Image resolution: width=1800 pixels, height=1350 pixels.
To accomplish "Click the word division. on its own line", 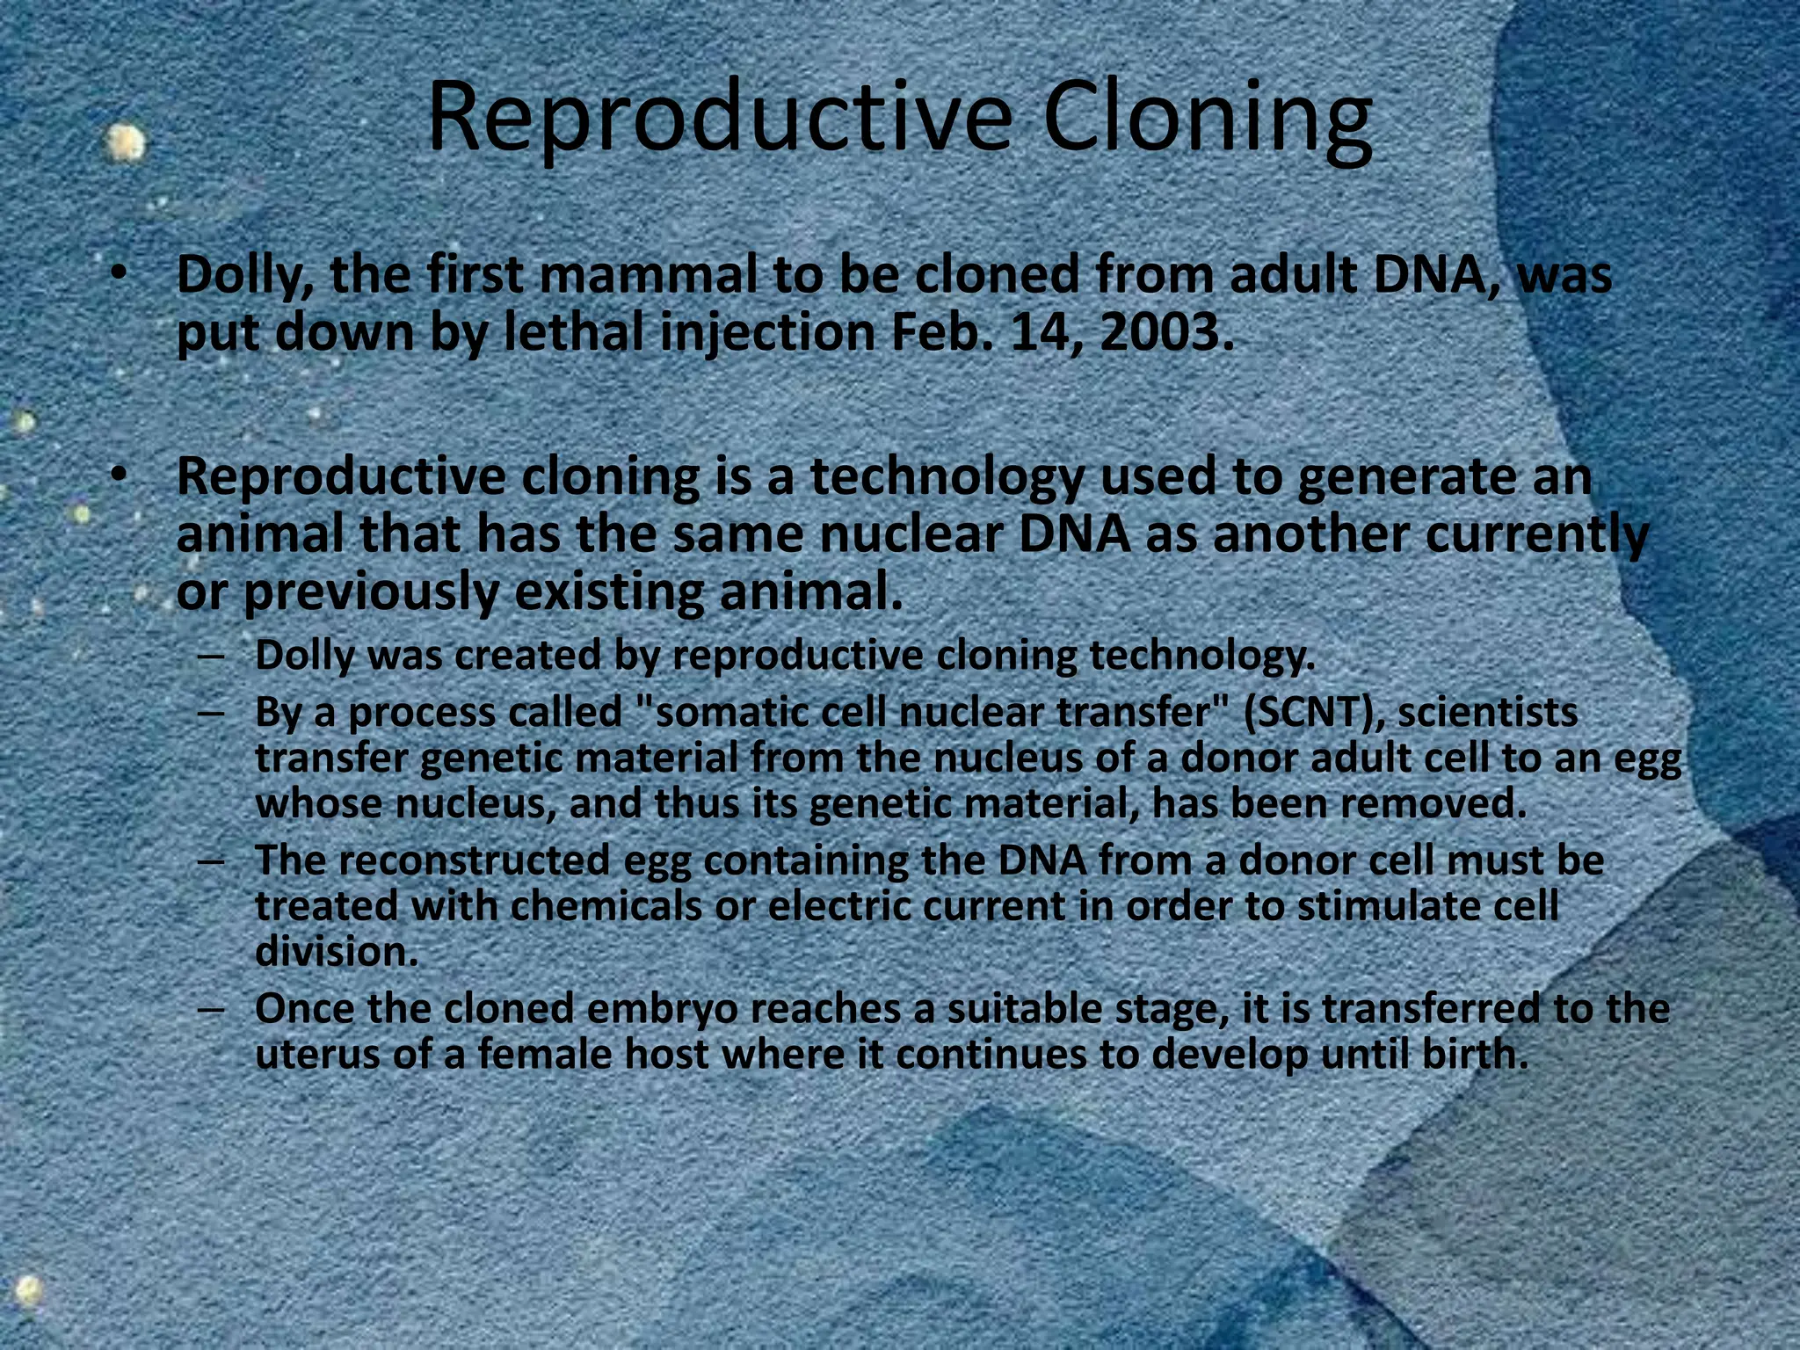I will [337, 952].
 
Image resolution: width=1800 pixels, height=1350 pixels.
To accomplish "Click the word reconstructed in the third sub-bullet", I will [474, 860].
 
